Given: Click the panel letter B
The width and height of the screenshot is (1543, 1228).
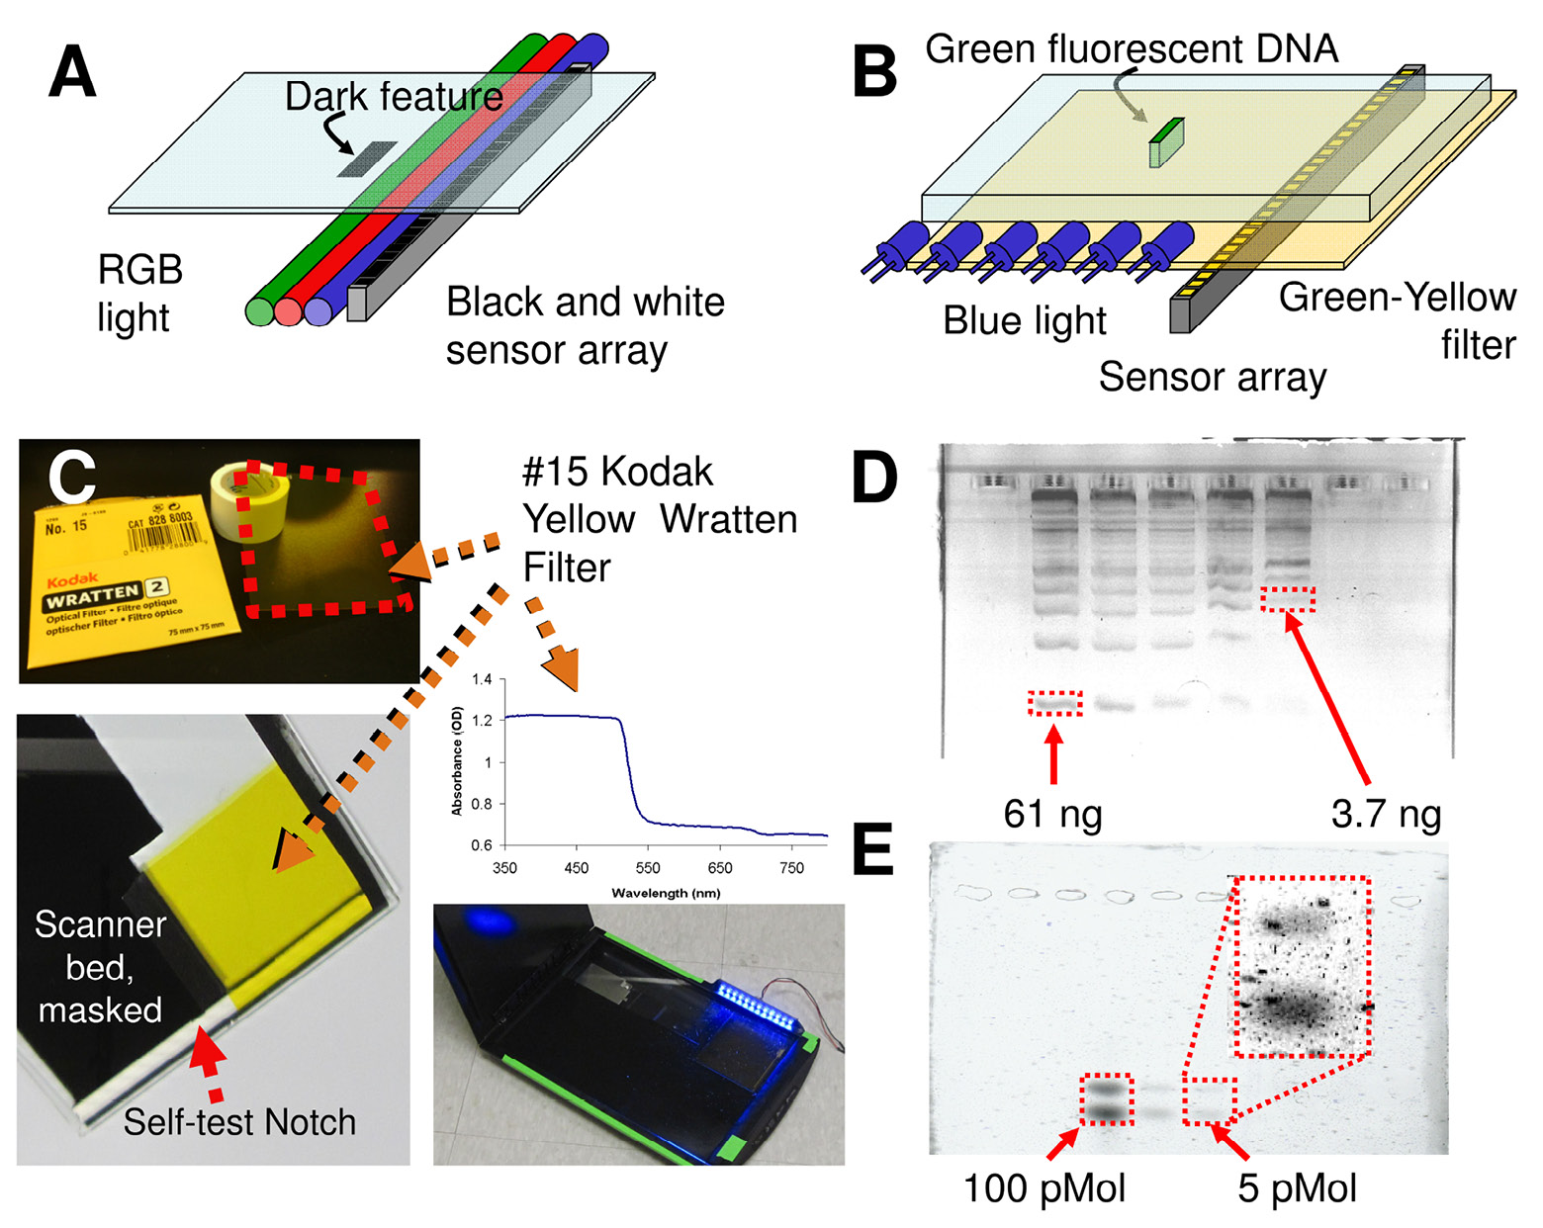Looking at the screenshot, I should [x=874, y=73].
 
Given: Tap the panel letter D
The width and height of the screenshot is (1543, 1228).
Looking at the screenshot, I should [x=874, y=479].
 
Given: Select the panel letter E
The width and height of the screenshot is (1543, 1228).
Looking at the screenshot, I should [x=872, y=850].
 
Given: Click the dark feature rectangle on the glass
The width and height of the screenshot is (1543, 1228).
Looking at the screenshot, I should [x=366, y=159].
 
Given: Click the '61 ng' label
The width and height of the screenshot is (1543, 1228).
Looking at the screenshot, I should [x=1052, y=814].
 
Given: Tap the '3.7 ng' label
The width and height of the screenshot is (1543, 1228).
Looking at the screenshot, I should [x=1386, y=814].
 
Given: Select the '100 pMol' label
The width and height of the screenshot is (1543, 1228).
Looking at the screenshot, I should [x=1044, y=1188].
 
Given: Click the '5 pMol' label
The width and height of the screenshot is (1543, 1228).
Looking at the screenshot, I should [x=1297, y=1188].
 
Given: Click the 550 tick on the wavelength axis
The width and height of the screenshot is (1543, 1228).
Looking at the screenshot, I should [x=648, y=868].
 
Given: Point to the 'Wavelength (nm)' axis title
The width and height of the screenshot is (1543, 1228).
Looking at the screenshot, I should [x=666, y=893].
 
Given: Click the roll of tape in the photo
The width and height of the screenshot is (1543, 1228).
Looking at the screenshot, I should [x=248, y=502].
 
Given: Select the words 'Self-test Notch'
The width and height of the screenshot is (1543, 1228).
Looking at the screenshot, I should [x=239, y=1122].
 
